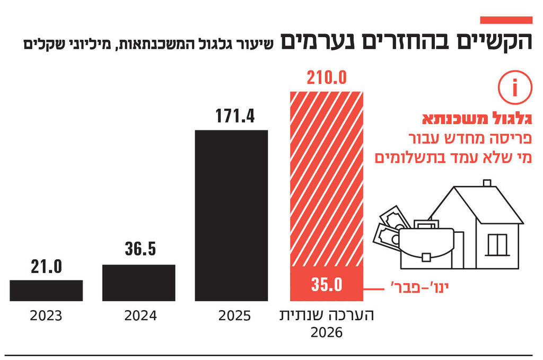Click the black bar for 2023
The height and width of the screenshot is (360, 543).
[x=46, y=291]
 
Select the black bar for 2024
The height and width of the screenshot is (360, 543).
[x=138, y=283]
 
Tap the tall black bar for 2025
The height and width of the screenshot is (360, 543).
[x=231, y=215]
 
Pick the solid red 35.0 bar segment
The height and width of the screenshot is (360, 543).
[x=326, y=284]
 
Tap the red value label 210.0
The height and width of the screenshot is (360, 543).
[x=326, y=79]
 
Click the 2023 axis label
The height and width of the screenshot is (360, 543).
[x=46, y=317]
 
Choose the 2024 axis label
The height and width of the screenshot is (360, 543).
[x=141, y=317]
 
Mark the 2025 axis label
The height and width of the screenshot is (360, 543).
[x=234, y=317]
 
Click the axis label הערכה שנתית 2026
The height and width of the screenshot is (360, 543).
[x=327, y=324]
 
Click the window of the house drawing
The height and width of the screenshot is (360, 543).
[x=497, y=244]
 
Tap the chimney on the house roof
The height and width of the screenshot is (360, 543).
[x=487, y=183]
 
